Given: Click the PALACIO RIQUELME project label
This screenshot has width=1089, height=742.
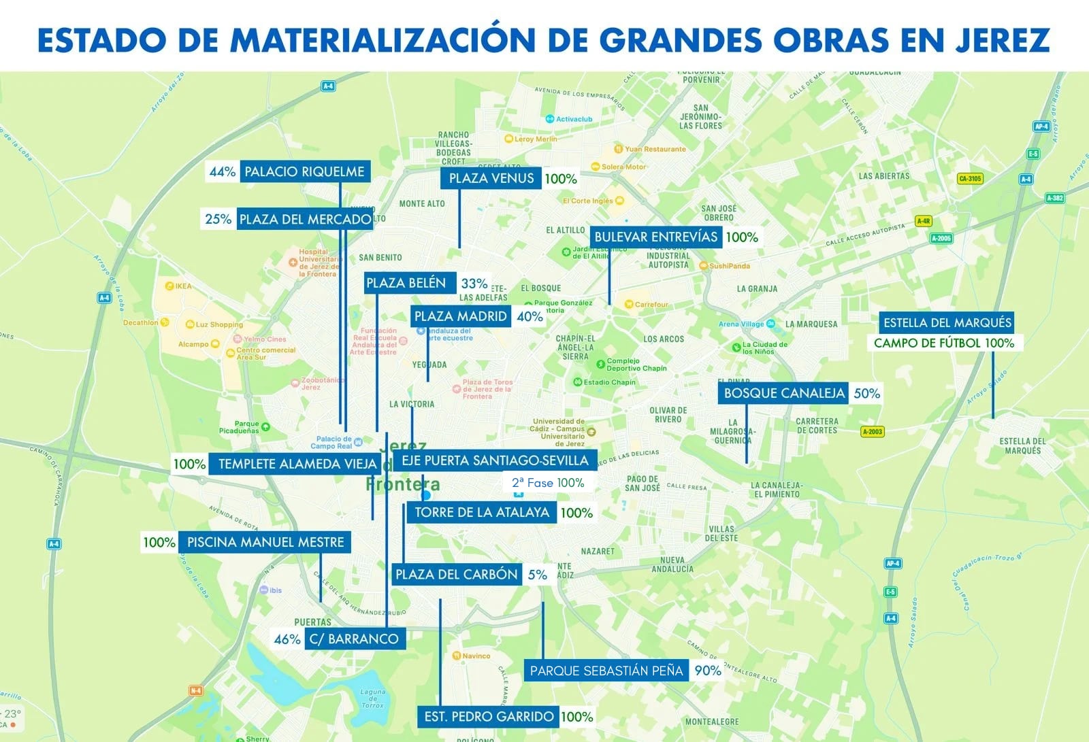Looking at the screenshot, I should tap(304, 171).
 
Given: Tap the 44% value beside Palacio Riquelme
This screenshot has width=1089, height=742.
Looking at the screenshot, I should tap(222, 172).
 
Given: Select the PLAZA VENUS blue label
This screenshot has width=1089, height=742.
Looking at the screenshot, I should tap(491, 178).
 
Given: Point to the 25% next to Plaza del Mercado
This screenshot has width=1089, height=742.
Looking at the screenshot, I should tap(218, 219).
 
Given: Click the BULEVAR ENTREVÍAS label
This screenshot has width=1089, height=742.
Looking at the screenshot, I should tap(655, 237).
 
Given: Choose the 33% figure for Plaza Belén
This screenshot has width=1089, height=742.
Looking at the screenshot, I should tap(474, 284).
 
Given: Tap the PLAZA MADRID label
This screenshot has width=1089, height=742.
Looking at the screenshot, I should tap(461, 316).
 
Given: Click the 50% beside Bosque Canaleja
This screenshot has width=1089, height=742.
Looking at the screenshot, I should tap(866, 393).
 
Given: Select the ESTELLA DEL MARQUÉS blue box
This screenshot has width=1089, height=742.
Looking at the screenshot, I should tap(947, 322).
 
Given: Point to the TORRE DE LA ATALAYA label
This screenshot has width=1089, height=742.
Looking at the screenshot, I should tap(481, 513).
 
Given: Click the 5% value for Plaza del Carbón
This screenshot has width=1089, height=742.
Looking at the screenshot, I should tap(537, 575).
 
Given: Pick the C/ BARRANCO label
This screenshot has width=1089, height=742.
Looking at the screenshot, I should tap(354, 639).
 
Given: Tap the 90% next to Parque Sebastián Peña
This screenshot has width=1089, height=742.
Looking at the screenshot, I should tap(707, 671).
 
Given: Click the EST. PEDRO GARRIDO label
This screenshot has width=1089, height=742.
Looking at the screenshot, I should tap(489, 716).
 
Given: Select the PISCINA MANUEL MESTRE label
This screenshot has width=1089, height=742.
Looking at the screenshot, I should tap(265, 542).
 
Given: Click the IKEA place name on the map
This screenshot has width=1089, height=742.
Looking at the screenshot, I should tap(183, 286).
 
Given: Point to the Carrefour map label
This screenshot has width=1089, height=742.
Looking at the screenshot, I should tap(651, 305).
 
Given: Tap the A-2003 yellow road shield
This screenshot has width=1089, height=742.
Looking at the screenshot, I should tap(872, 431).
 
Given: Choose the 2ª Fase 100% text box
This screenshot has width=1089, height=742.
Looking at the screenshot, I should tap(548, 483).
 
